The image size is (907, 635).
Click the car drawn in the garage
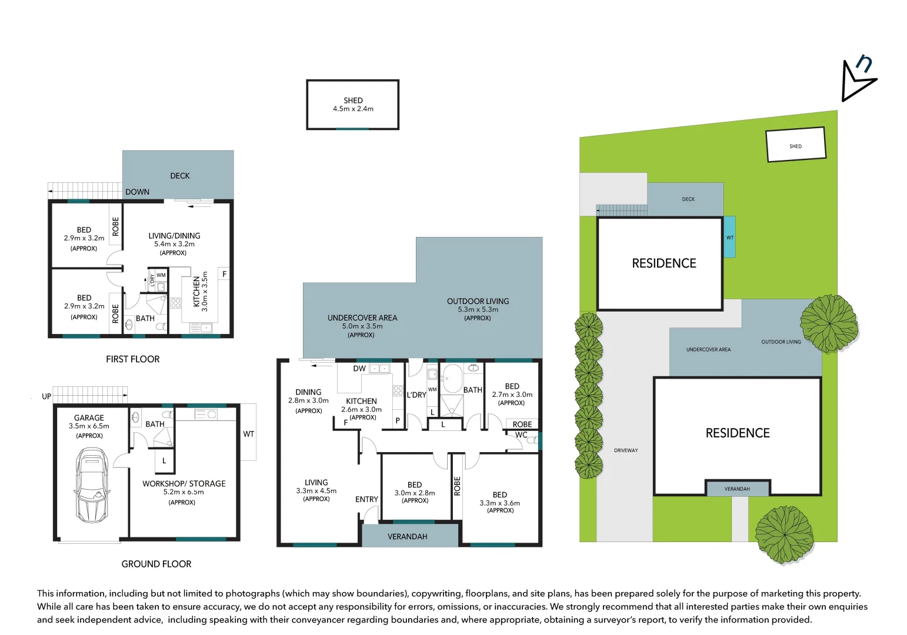(91, 484)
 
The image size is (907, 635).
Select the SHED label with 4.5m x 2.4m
(353, 105)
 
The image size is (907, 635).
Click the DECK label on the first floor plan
(180, 176)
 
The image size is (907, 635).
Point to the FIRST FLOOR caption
(133, 359)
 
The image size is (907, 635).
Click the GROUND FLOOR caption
(156, 564)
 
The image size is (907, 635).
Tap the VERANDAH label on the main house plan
(408, 537)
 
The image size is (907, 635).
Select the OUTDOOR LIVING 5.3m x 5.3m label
(478, 309)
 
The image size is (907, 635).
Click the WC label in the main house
(521, 435)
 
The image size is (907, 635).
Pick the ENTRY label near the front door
(366, 499)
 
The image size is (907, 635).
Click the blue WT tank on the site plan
(729, 237)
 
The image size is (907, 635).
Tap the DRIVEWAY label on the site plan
(626, 450)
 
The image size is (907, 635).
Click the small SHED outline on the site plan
(796, 145)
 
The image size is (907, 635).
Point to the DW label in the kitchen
(359, 369)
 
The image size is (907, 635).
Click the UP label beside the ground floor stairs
(46, 397)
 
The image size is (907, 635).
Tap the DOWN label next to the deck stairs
(137, 192)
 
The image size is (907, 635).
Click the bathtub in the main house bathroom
(452, 379)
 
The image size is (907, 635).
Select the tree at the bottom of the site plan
(784, 535)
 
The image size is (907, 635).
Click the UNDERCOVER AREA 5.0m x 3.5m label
(362, 326)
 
